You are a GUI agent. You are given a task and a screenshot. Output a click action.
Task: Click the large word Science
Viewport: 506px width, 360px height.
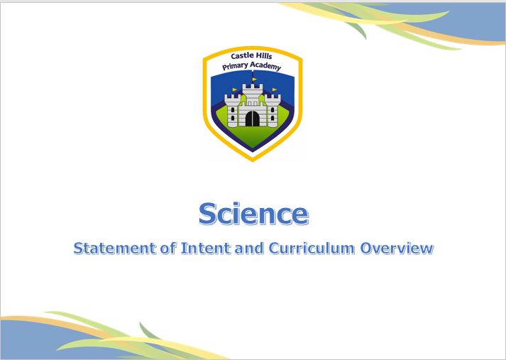click(x=253, y=214)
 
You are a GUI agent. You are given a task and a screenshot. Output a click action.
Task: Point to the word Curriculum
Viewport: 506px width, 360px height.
click(x=312, y=249)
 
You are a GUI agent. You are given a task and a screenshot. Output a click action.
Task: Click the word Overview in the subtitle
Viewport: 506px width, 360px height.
click(x=397, y=249)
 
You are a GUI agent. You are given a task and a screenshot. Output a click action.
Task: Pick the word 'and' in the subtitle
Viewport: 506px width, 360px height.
click(x=249, y=249)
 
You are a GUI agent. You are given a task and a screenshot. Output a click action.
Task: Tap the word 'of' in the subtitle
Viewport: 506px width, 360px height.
click(x=168, y=249)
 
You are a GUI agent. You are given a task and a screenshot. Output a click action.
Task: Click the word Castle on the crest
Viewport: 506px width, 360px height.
click(x=242, y=56)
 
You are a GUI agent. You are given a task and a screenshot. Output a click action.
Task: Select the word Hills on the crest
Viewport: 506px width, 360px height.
click(x=264, y=56)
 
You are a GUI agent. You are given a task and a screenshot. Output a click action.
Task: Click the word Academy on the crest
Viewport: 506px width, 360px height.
click(x=265, y=66)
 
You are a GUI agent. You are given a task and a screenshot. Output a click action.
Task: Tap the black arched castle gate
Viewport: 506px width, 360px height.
click(x=253, y=119)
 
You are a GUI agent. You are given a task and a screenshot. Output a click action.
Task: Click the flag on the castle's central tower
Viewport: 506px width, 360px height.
click(x=254, y=79)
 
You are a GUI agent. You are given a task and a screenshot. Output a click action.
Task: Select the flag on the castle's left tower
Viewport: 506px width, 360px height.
click(x=235, y=89)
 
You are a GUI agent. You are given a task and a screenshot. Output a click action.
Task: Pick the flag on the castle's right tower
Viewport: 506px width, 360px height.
click(x=275, y=89)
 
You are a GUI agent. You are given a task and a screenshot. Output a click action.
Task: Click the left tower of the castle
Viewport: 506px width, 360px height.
click(x=232, y=111)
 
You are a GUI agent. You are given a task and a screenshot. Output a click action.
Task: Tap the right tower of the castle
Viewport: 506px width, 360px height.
click(x=273, y=111)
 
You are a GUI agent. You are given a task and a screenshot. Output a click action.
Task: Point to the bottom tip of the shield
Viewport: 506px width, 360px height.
click(x=253, y=161)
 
